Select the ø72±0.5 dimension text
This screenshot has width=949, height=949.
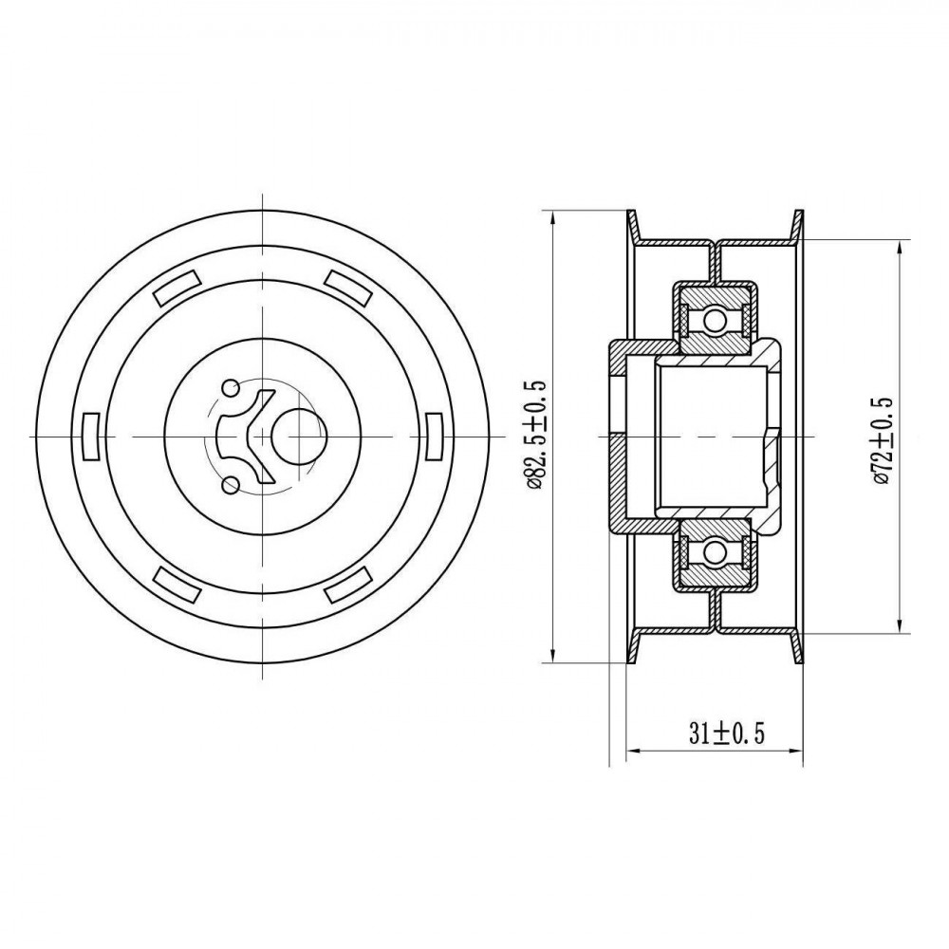(884, 440)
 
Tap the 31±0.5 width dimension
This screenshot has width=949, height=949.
(727, 735)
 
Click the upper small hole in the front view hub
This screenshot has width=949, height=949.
(230, 387)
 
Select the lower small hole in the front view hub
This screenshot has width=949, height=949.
(230, 485)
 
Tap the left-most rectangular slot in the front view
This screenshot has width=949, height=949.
(90, 436)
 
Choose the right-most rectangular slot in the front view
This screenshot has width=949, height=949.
(436, 436)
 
